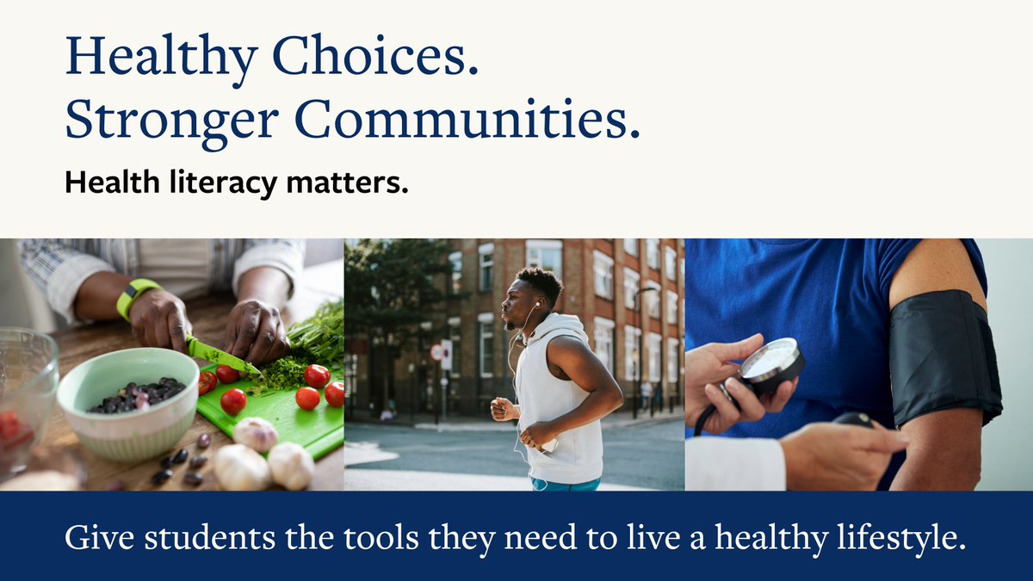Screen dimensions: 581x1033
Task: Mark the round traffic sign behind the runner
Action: pyautogui.click(x=436, y=352)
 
